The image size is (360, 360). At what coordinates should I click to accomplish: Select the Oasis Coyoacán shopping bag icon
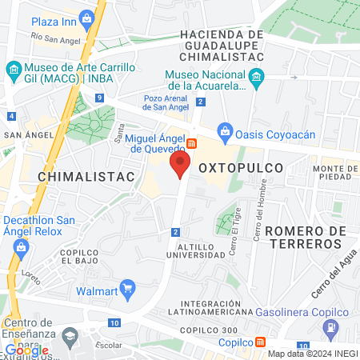[226, 130]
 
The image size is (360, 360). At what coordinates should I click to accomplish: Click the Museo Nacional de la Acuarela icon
[256, 78]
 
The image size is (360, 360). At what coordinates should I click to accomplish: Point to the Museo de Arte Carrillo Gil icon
[14, 70]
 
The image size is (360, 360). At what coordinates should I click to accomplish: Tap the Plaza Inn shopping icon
[18, 20]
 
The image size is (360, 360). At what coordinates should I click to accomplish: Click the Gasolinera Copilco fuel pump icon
[330, 327]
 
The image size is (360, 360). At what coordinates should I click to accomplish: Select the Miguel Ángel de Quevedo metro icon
[192, 143]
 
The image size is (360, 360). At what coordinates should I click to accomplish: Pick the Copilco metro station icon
[261, 342]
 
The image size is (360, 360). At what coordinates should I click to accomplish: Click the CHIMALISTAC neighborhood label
[83, 174]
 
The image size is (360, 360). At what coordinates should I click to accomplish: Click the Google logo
[26, 350]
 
